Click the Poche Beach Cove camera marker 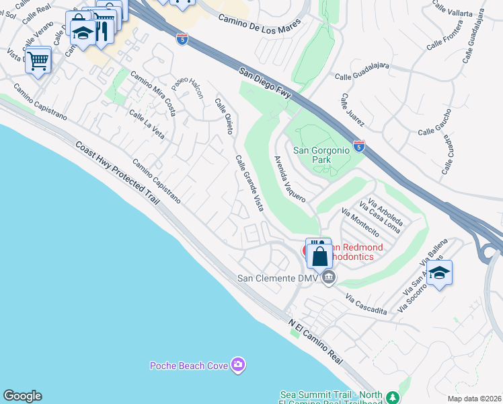pos(237,366)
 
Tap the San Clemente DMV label pos(276,278)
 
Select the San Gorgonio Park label pos(321,155)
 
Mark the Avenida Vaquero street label pos(290,179)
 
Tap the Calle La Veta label pos(147,122)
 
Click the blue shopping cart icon pos(38,60)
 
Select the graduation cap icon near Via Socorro pos(439,272)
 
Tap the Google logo pos(22,396)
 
